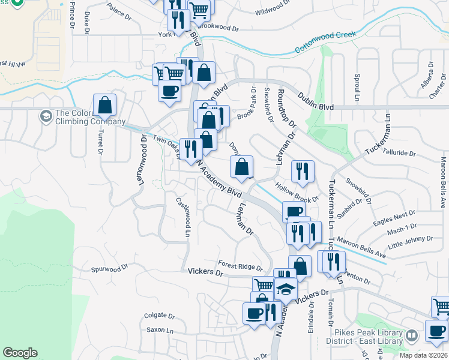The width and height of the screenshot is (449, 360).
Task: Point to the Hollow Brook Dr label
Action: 297,194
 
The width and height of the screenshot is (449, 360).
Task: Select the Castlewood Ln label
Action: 183,217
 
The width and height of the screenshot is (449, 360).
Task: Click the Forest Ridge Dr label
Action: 240,265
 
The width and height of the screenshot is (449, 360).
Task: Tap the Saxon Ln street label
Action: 160,330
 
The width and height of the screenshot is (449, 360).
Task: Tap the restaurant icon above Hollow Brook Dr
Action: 303,171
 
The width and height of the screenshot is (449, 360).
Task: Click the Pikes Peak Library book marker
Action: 412,335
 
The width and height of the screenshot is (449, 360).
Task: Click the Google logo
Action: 20,353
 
